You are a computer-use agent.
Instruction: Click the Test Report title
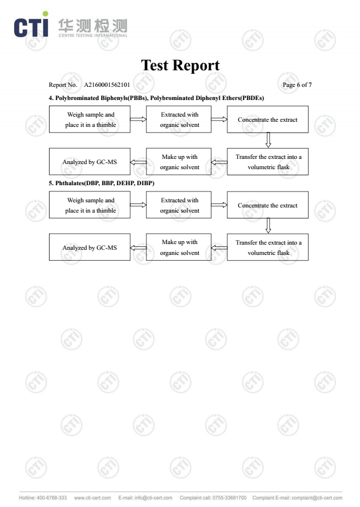[x=180, y=65]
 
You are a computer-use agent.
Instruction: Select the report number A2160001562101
[x=107, y=85]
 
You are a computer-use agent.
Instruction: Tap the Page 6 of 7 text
[x=297, y=85]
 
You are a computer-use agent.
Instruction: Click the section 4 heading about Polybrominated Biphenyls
[x=157, y=98]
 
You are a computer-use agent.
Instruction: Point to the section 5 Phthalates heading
[x=102, y=183]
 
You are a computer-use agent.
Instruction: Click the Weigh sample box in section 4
[x=90, y=119]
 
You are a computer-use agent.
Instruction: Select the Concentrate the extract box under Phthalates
[x=267, y=205]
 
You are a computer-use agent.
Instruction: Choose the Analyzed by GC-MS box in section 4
[x=90, y=162]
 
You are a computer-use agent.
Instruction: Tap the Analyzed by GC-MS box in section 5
[x=90, y=247]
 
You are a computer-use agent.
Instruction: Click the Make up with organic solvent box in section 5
[x=179, y=247]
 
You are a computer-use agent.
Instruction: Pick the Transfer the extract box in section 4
[x=267, y=162]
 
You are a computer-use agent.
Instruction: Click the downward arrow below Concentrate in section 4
[x=268, y=140]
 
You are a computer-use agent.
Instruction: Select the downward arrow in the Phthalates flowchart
[x=268, y=226]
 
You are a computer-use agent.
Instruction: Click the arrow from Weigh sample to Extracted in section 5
[x=138, y=205]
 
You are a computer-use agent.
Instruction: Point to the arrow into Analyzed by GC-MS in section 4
[x=138, y=162]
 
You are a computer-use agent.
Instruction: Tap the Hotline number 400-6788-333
[x=51, y=498]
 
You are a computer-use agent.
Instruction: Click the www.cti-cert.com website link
[x=93, y=498]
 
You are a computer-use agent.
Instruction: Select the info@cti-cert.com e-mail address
[x=153, y=498]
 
